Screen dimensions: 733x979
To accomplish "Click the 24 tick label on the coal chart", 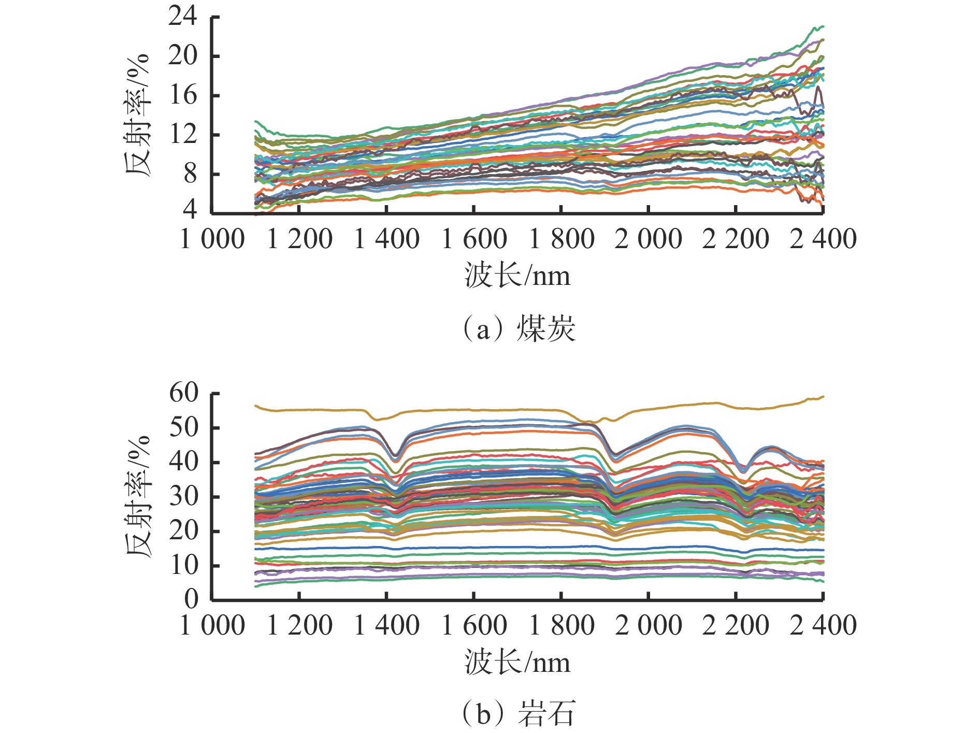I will [x=182, y=17].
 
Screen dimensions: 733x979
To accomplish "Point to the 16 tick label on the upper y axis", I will [x=182, y=95].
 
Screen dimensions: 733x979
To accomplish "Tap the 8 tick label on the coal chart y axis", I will [x=190, y=174].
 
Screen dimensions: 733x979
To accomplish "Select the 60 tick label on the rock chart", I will [x=184, y=393].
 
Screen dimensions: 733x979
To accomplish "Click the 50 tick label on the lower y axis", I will [x=184, y=427].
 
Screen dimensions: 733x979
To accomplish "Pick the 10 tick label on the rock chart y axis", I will [x=184, y=565].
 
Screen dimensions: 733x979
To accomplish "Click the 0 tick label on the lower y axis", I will [x=191, y=599].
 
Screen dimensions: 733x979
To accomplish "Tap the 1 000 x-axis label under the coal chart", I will [x=212, y=239].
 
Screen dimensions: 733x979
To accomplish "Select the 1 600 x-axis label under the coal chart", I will [x=474, y=239].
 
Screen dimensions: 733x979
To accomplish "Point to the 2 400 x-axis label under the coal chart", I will [x=823, y=239].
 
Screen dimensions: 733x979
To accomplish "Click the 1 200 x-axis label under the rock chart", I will [x=299, y=625].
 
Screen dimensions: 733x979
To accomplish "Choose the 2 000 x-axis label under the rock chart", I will [x=649, y=625].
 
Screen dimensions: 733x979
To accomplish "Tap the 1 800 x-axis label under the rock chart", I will [x=562, y=625].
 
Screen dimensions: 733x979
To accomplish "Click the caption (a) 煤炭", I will [x=518, y=329].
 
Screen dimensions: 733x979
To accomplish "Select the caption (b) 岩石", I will [x=518, y=714].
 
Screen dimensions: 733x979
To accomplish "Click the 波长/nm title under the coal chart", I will [x=517, y=276].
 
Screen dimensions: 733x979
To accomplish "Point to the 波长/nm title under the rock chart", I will [x=517, y=663].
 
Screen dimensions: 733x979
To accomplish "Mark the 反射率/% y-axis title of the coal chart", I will [x=138, y=115].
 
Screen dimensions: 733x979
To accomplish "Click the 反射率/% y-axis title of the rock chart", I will [x=138, y=496].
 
